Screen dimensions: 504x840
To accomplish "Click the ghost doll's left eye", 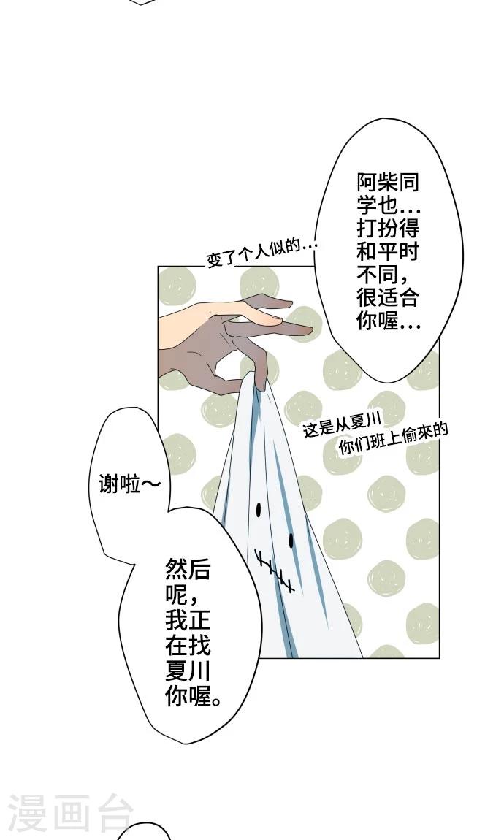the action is click(259, 509).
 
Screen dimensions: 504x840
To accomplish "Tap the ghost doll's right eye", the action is click(291, 540).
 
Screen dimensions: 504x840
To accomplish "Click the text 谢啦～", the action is click(129, 485).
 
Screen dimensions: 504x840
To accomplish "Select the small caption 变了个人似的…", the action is click(262, 254).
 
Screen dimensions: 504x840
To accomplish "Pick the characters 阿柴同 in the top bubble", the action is click(388, 183).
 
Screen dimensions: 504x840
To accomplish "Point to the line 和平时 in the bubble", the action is click(388, 251).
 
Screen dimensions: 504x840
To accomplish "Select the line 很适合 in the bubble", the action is click(388, 297).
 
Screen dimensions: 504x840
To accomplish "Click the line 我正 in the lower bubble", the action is click(188, 620).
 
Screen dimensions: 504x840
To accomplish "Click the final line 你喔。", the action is click(193, 696).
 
